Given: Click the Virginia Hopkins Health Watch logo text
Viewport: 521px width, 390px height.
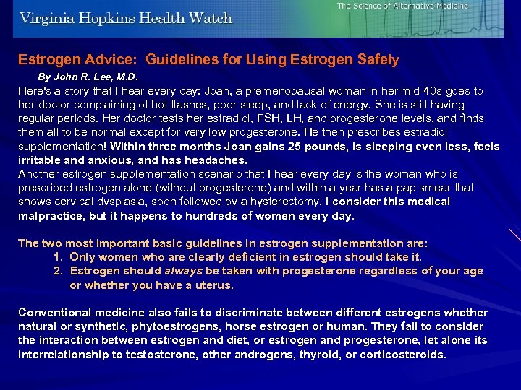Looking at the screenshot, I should coord(127,18).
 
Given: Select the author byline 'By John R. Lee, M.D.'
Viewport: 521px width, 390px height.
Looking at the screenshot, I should coord(88,76).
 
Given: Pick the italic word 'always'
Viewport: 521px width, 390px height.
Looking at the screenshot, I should coord(183,271).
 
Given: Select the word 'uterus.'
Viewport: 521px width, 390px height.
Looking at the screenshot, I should coord(215,285).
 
